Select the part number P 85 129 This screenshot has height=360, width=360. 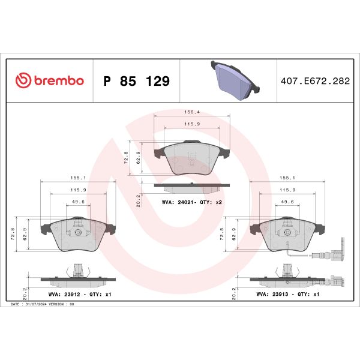[x=137, y=81]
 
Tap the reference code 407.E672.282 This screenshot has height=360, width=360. [x=314, y=81]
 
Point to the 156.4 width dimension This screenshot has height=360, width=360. [x=191, y=112]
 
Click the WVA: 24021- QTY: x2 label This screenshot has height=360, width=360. [x=192, y=203]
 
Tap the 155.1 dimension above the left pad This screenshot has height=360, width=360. [x=76, y=178]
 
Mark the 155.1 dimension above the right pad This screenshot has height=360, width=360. [x=285, y=178]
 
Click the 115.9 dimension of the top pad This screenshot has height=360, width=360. [x=191, y=125]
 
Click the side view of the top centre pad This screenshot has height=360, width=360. [x=191, y=185]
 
